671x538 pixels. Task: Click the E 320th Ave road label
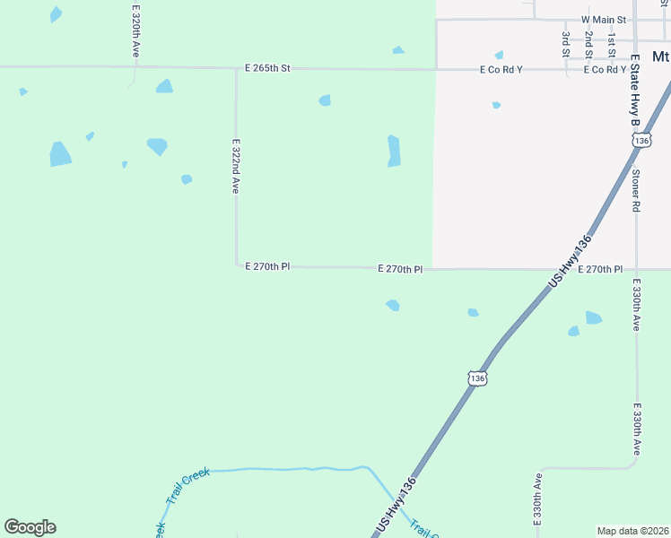[x=135, y=31]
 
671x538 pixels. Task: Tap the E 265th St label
[x=268, y=68]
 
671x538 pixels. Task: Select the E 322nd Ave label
[x=236, y=165]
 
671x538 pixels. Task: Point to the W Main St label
[x=603, y=19]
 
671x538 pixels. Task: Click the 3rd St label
[x=566, y=45]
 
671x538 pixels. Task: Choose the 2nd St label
[x=588, y=45]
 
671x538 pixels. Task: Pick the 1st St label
[x=611, y=45]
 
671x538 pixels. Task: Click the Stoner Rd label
[x=635, y=190]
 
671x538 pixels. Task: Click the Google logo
[x=30, y=527]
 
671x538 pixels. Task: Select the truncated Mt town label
[x=661, y=56]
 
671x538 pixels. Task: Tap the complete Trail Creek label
[x=187, y=485]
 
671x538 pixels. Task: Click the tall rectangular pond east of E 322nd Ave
[x=393, y=151]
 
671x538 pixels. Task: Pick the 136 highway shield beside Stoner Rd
[x=640, y=141]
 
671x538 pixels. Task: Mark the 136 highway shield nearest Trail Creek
[x=477, y=378]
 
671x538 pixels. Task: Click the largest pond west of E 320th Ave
[x=60, y=154]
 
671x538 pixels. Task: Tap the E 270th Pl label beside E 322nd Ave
[x=267, y=266]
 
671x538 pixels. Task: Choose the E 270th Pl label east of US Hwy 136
[x=600, y=269]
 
